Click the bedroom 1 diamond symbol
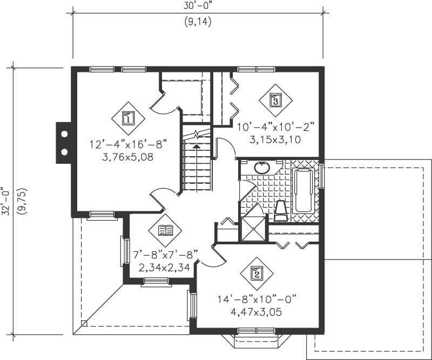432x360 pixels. pyautogui.click(x=128, y=118)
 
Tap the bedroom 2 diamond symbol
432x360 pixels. pyautogui.click(x=257, y=274)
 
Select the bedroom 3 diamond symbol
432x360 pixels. pyautogui.click(x=275, y=100)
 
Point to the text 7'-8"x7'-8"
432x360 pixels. pyautogui.click(x=166, y=254)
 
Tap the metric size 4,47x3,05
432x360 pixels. pyautogui.click(x=256, y=312)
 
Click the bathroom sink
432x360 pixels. pyautogui.click(x=262, y=168)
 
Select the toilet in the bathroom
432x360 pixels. pyautogui.click(x=281, y=211)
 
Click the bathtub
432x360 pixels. pyautogui.click(x=304, y=190)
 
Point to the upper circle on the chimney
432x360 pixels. pyautogui.click(x=64, y=134)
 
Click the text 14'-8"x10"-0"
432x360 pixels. pyautogui.click(x=257, y=298)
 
